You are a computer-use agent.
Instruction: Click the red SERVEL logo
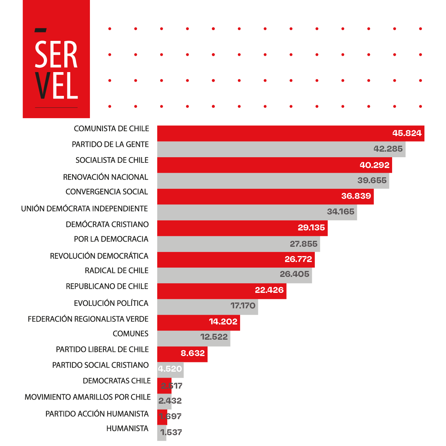click(x=56, y=59)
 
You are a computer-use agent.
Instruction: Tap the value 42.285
click(x=388, y=149)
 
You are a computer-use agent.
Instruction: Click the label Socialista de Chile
click(x=112, y=160)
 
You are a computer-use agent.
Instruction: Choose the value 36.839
click(x=356, y=196)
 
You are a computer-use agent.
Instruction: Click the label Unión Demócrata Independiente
click(x=84, y=209)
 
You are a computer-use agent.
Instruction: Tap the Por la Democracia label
click(x=111, y=239)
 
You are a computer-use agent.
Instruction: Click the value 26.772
click(x=298, y=259)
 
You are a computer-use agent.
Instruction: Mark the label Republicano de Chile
click(x=107, y=286)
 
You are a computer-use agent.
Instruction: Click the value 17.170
click(x=243, y=306)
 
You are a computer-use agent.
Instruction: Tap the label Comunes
click(x=130, y=334)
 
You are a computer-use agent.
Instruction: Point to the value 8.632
click(x=193, y=353)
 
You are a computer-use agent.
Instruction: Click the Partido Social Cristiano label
click(x=100, y=365)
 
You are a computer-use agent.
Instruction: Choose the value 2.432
click(x=170, y=401)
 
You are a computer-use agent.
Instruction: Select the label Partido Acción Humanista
click(x=97, y=414)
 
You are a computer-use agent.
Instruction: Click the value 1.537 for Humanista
click(x=171, y=432)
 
